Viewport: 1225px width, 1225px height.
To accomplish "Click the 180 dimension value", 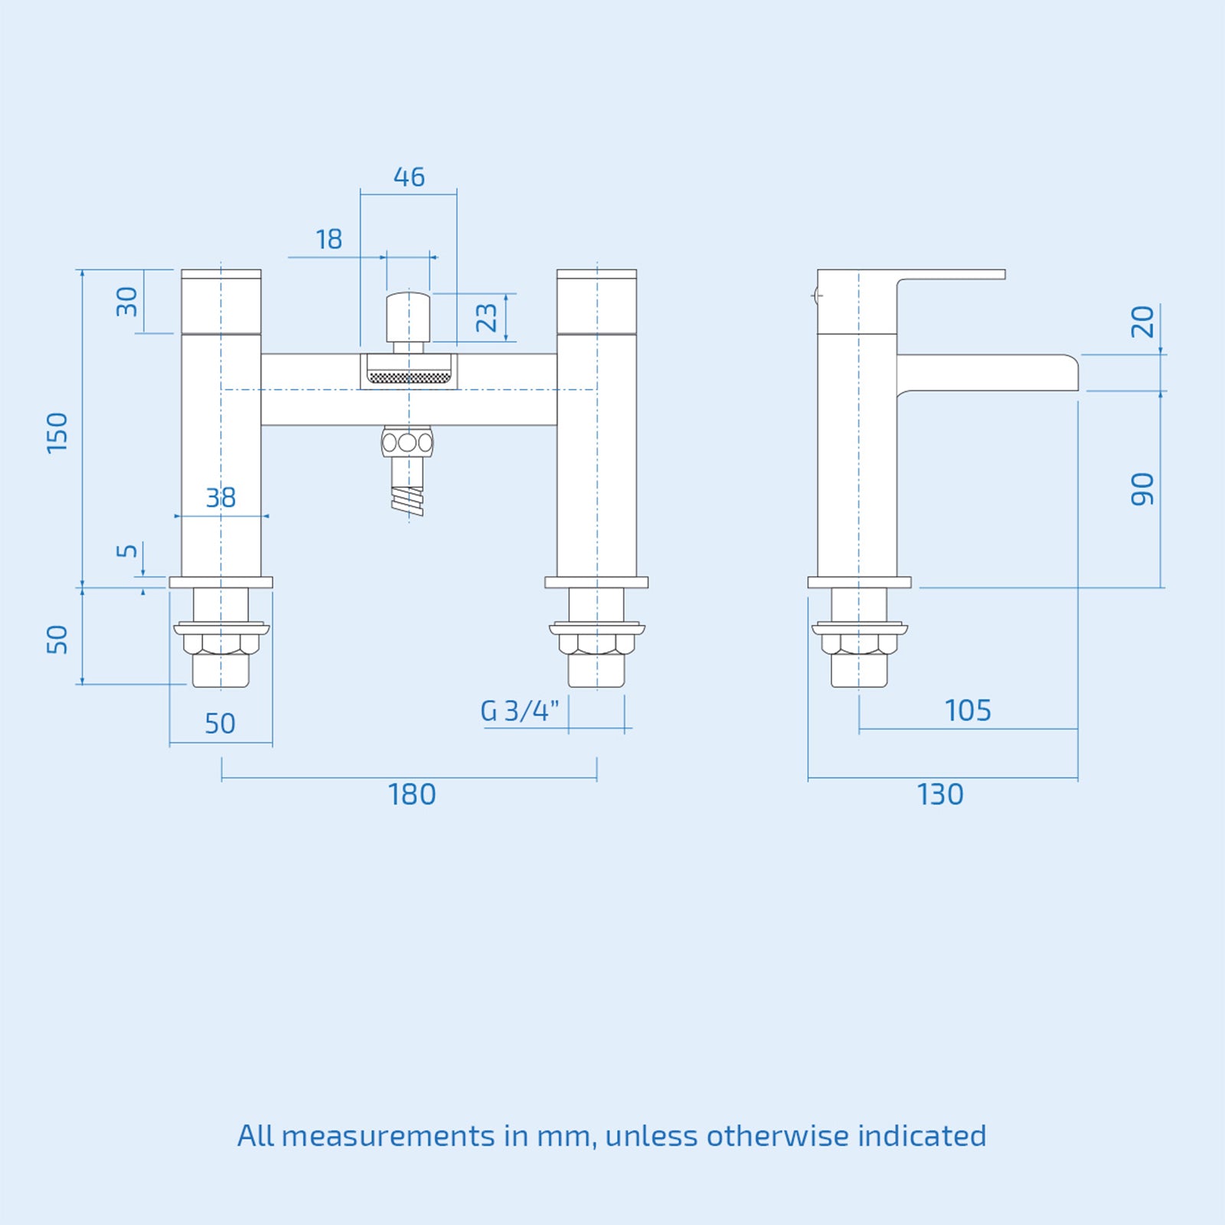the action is point(412,795).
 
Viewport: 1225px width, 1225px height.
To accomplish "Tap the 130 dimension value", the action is point(940,795).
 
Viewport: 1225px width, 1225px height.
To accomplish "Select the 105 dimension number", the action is point(968,710).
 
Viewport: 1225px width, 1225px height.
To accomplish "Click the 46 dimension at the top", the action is point(409,177).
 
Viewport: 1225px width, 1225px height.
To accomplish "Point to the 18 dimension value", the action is point(329,240).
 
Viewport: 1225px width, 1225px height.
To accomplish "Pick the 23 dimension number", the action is point(486,317).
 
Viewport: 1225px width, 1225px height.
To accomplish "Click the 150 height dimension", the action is point(57,433).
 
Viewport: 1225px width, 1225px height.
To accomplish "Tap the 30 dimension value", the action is point(127,302).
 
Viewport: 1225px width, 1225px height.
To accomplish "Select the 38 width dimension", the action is point(221,498).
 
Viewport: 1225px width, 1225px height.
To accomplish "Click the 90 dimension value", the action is point(1142,489).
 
